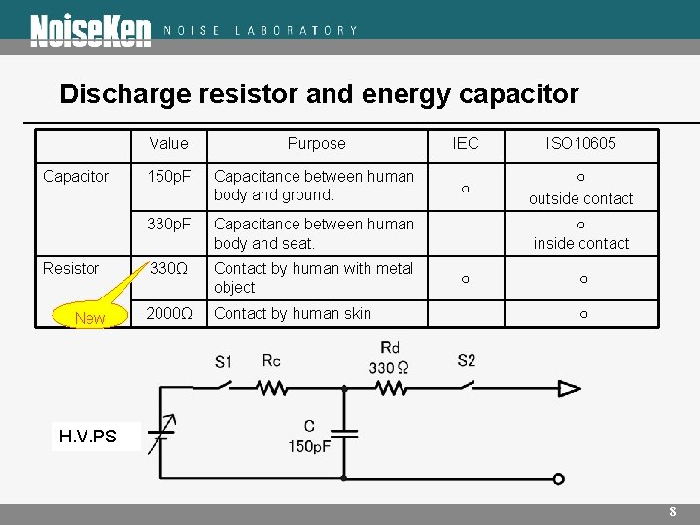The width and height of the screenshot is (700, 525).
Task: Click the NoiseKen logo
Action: pos(90,30)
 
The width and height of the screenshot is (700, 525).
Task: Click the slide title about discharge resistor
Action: pos(319,94)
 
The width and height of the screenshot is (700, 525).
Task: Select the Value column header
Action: pos(169,143)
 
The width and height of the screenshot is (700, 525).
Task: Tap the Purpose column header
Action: pos(316,143)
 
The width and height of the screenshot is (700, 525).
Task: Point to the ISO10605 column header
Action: pos(580,143)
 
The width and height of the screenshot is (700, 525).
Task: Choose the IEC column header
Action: pos(466,143)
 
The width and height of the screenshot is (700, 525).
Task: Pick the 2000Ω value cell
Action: pos(169,313)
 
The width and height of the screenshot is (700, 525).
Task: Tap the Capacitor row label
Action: pos(76,176)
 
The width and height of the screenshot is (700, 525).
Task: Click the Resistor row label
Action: pos(71,268)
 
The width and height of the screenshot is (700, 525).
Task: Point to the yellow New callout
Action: pos(89,318)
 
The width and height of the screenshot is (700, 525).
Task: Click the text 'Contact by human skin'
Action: pos(292,313)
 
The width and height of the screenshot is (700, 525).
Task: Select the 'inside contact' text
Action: pos(581,243)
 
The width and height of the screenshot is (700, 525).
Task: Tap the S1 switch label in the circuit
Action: pos(224,362)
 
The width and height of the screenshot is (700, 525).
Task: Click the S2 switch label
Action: pos(467,361)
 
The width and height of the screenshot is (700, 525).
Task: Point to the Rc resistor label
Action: pos(272,361)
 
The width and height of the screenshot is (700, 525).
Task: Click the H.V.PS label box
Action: pos(87,437)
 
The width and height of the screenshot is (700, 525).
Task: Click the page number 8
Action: pos(672,512)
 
